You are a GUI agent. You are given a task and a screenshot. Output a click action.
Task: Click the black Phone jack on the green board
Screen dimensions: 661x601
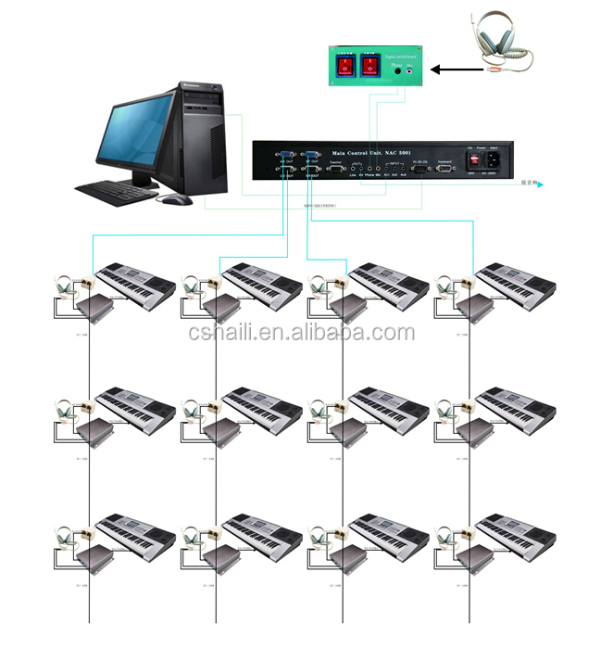[398, 70]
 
